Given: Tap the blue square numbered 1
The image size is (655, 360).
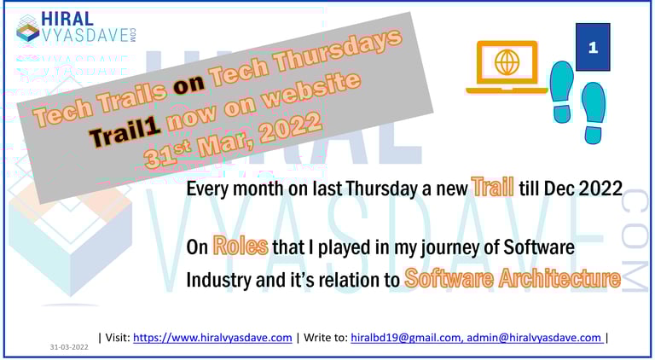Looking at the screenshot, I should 593,48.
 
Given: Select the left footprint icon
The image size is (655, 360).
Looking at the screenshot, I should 562,90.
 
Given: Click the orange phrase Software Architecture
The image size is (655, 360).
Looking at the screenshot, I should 512,277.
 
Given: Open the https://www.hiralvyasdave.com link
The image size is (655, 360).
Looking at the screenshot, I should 212,338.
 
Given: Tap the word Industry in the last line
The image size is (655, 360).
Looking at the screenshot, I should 225,279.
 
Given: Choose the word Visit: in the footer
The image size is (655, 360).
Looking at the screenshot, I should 116,338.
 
